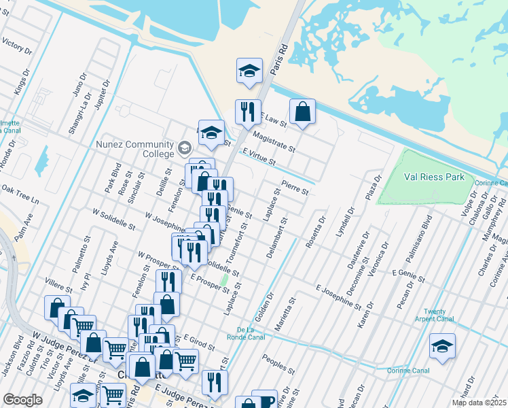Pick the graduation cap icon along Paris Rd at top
coord(249,70)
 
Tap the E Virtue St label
coord(258,158)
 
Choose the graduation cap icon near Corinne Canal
coord(442,346)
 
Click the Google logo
coord(22,400)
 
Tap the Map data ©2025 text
coord(478,403)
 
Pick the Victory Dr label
coord(17,46)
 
